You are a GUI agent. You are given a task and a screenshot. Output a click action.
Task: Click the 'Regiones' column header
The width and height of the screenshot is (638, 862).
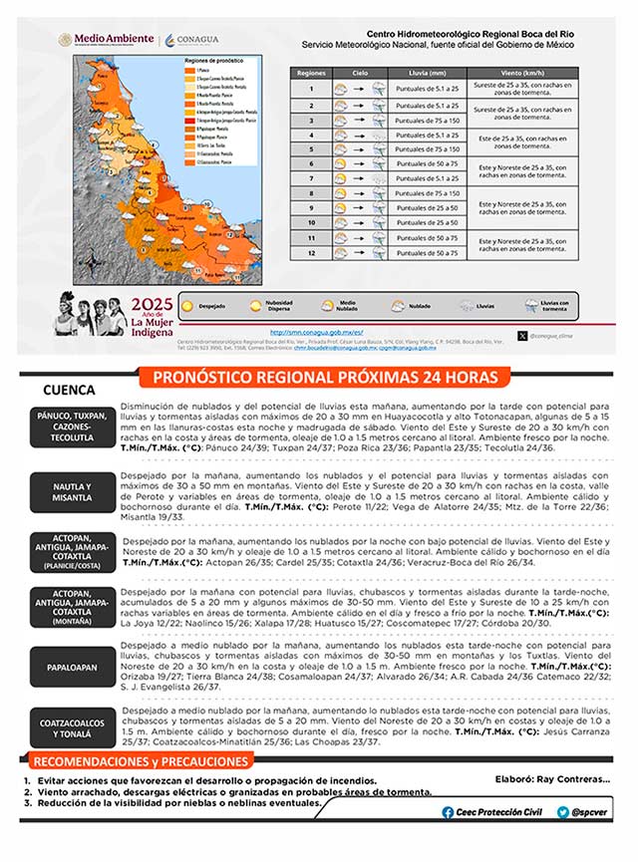311,74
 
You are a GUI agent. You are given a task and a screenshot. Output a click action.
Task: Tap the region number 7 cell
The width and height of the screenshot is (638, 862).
311,178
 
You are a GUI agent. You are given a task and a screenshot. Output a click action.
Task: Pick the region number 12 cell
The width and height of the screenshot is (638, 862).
311,253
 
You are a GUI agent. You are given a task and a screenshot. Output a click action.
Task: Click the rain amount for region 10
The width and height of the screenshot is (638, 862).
427,223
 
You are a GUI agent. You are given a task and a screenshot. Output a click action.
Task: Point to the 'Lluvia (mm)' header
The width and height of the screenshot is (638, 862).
427,74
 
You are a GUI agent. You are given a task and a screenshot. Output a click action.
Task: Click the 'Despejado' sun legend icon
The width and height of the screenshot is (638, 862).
188,306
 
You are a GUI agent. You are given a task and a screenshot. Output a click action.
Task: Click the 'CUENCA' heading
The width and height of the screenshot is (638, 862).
69,390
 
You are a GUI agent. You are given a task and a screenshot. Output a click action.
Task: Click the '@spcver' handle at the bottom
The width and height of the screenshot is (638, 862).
579,812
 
